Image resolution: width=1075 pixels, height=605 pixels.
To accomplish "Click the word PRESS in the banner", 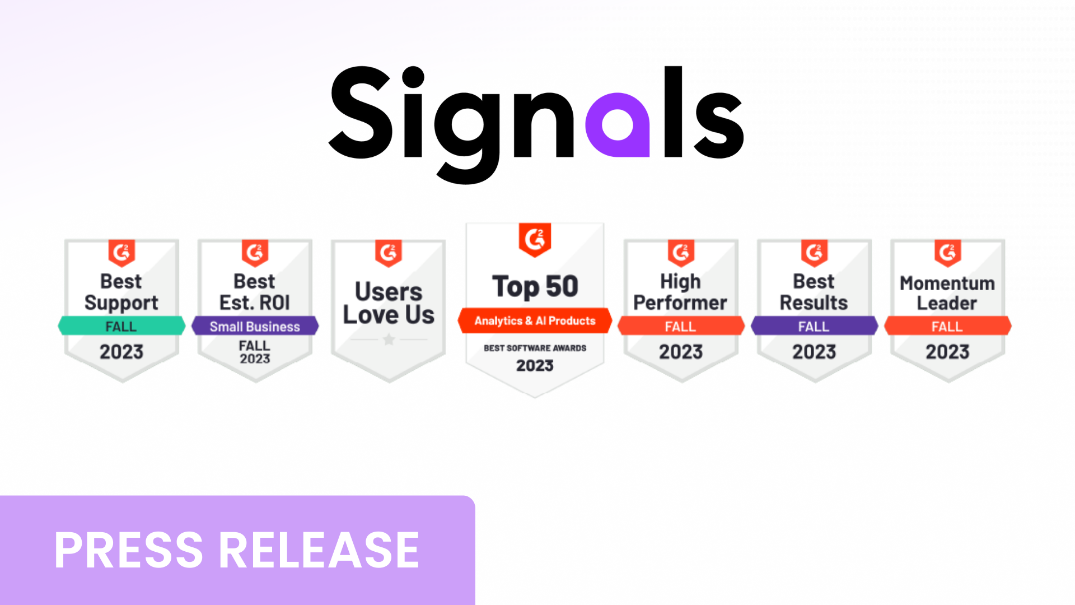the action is point(129,550).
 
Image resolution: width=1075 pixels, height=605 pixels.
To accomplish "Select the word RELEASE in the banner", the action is point(319,550).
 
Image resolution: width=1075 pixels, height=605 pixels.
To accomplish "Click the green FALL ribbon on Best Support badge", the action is point(121,326).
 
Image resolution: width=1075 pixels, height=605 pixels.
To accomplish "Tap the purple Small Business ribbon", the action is point(255,326).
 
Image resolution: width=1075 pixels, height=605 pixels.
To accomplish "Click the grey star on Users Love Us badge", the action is point(389,339).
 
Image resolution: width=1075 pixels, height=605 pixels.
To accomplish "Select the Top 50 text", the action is point(535,287).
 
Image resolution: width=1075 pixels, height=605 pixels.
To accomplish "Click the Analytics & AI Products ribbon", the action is point(535,320).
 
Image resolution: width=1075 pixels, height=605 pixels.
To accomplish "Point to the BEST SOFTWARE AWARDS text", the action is point(535,348).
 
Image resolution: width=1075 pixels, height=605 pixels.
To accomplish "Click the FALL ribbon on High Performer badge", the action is point(681,326).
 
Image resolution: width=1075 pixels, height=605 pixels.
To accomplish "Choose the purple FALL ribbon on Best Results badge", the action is point(814,326).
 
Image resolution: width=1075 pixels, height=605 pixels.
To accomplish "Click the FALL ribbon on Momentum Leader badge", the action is point(947,326).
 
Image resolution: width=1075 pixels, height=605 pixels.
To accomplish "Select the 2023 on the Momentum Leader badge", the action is point(947,352).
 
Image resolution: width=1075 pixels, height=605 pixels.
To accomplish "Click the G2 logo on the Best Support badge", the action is point(121,253).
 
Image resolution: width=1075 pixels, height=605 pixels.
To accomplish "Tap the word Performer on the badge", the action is point(680,303).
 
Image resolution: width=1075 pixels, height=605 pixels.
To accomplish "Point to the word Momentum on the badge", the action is point(947,283).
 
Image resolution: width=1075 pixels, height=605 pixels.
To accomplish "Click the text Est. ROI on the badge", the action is point(255,303).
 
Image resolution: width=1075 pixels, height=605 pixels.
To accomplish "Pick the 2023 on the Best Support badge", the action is point(121,352).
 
